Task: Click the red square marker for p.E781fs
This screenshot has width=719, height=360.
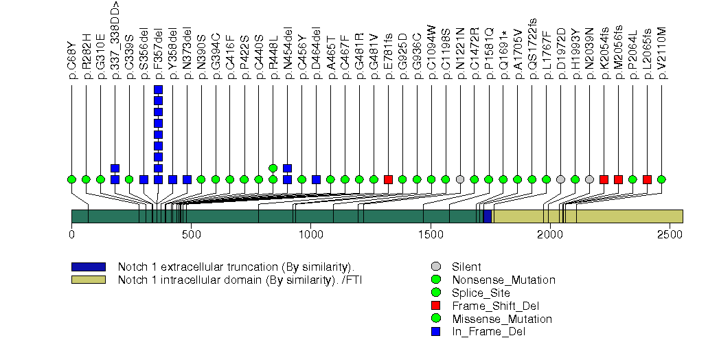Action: click(389, 179)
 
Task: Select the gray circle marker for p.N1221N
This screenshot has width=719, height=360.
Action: click(461, 179)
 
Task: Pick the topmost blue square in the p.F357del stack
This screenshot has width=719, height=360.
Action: click(159, 89)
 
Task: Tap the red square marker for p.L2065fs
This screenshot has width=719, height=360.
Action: click(648, 179)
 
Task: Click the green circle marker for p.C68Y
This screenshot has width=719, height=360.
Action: click(72, 179)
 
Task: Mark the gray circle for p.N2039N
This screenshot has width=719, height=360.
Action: click(590, 179)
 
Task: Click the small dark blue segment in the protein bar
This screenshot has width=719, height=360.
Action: click(488, 216)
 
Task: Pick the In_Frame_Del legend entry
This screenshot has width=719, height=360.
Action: click(488, 332)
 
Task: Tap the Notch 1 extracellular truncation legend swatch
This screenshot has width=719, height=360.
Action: click(88, 267)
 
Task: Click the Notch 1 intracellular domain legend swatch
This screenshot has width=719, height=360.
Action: click(88, 280)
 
